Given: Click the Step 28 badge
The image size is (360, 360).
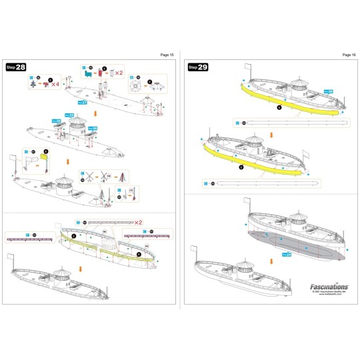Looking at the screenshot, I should (15, 67).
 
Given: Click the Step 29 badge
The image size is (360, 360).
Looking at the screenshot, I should (198, 67).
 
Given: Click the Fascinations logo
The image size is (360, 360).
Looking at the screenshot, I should (329, 282).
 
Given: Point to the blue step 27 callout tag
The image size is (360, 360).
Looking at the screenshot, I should (82, 102).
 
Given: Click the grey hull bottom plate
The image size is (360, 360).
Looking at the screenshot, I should (293, 243).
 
